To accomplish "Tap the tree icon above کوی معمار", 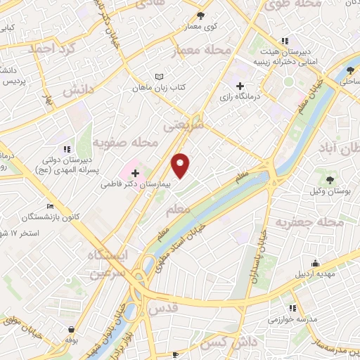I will (x=200, y=15).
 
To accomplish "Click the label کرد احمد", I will (x=51, y=49).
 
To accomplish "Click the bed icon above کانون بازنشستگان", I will (x=49, y=206).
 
